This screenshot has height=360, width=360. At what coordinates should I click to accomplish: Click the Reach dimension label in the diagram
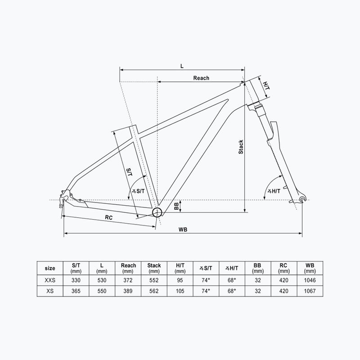(201, 78)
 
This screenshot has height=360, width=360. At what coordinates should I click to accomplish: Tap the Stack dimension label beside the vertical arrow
(241, 147)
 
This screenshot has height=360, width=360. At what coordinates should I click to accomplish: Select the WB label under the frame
(182, 229)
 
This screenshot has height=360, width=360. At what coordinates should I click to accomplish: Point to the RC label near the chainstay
(108, 217)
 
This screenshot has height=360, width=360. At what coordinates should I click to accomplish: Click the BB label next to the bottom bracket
(176, 206)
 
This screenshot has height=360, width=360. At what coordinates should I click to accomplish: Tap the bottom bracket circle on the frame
(157, 212)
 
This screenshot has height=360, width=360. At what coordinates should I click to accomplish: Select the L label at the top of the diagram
(182, 66)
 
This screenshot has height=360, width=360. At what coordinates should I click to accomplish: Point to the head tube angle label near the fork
(274, 191)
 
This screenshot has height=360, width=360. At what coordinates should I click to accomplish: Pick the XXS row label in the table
(50, 280)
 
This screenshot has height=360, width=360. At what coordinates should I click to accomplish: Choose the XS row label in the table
(50, 291)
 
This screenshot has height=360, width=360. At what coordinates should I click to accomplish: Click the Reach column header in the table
(128, 268)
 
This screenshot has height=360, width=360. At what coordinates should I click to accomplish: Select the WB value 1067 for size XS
(309, 291)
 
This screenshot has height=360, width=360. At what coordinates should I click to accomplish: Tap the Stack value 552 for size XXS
(154, 280)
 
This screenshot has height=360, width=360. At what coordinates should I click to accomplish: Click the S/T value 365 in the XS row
(76, 291)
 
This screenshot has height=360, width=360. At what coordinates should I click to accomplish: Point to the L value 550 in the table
(102, 291)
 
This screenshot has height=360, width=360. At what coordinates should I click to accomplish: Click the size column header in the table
(50, 268)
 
